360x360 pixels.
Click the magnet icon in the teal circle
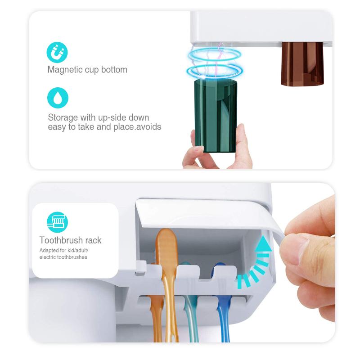click(58, 53)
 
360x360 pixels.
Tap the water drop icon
click(58, 97)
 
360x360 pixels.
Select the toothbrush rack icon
click(58, 221)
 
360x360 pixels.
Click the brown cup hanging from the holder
click(302, 63)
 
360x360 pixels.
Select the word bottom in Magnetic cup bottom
click(115, 70)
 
